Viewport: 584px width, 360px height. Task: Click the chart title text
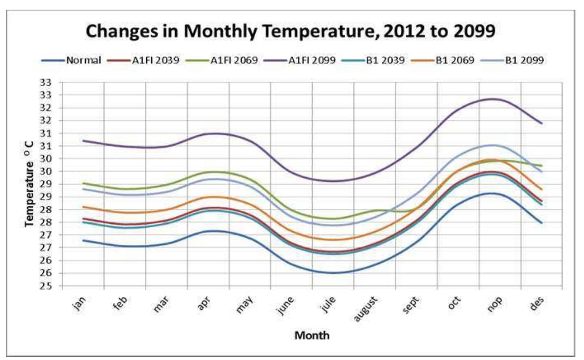[x=290, y=31]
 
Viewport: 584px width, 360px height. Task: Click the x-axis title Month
[x=312, y=335]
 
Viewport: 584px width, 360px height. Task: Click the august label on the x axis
[x=366, y=309]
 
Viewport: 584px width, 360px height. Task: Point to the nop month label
[x=495, y=304]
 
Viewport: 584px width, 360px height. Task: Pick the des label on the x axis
[x=537, y=304]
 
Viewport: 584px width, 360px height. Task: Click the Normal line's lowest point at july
[x=333, y=273]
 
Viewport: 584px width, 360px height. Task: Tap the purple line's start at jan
[x=83, y=141]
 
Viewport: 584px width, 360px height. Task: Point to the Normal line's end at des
[x=542, y=223]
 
